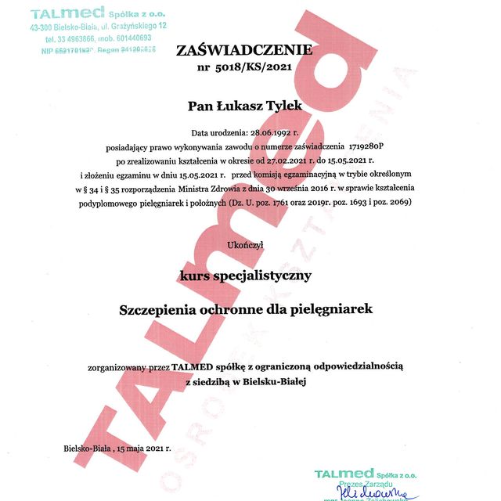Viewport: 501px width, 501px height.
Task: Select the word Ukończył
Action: (245, 245)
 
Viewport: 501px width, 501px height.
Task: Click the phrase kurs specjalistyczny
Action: (245, 275)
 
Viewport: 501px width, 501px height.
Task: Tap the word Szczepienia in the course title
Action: (160, 309)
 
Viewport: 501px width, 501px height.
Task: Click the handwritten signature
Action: (377, 493)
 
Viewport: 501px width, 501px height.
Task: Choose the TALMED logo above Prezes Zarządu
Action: (344, 474)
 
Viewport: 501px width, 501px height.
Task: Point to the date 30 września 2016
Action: (306, 189)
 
